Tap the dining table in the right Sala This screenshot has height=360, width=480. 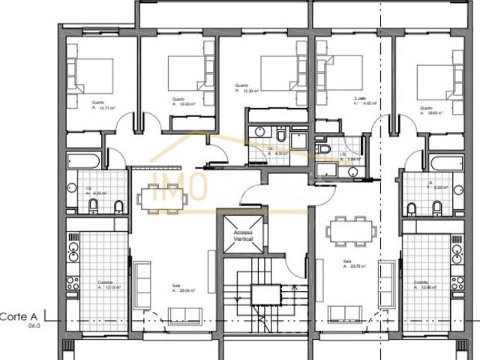click(352, 230)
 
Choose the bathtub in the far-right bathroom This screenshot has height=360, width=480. click(442, 164)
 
